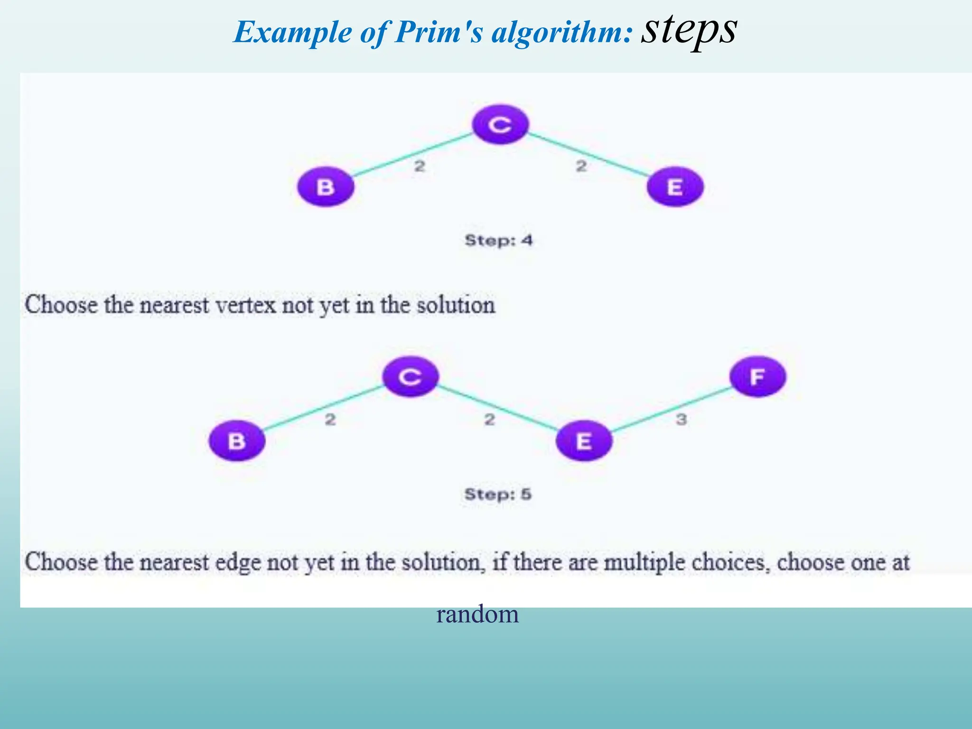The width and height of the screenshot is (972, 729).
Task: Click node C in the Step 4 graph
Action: (500, 125)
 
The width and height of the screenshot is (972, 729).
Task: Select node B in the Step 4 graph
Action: (326, 187)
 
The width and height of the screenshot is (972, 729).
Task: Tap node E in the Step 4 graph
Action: (674, 187)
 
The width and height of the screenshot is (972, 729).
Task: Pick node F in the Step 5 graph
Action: (757, 377)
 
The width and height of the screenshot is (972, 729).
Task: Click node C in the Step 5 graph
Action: (411, 377)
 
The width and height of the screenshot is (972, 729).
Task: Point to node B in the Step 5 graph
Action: (237, 441)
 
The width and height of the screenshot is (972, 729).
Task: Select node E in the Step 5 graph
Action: (584, 441)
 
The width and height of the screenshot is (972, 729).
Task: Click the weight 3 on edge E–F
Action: (681, 420)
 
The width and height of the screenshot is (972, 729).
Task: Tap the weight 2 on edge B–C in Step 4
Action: (420, 166)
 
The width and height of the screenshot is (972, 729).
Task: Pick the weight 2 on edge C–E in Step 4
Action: (581, 166)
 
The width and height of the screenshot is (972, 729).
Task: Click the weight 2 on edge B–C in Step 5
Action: (330, 420)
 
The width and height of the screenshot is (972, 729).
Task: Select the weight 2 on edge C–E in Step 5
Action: (489, 420)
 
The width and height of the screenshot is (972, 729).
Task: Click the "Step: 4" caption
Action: (498, 240)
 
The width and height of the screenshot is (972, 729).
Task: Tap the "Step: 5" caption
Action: (498, 494)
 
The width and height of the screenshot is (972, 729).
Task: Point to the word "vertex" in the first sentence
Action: (245, 305)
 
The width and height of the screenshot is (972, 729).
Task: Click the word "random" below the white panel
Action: (477, 614)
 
